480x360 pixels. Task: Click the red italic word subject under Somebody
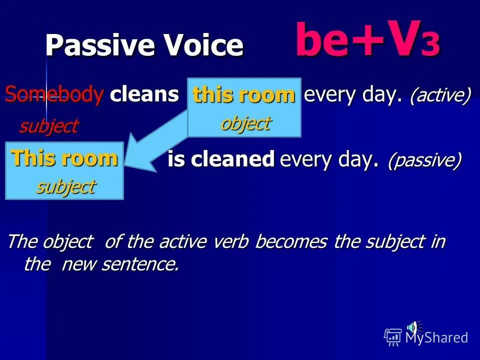click(48, 126)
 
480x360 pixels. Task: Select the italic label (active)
click(440, 95)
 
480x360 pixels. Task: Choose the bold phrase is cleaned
click(221, 159)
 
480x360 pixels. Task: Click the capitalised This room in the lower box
click(64, 158)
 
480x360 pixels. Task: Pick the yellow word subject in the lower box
click(65, 186)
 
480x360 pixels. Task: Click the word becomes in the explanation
click(291, 242)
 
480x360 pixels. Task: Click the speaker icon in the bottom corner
click(413, 327)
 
